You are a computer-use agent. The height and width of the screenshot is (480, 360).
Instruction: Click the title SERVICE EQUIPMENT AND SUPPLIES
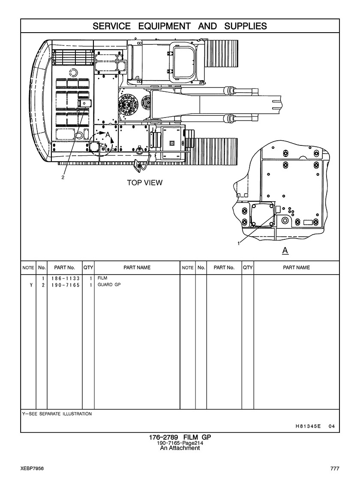(x=180, y=26)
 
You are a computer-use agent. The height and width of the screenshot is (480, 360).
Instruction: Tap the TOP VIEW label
(x=145, y=183)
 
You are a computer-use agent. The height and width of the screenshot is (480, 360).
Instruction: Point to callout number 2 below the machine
(x=63, y=177)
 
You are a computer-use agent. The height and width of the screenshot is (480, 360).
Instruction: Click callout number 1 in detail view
(x=238, y=243)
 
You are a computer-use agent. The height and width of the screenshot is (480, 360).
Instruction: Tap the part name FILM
(x=102, y=278)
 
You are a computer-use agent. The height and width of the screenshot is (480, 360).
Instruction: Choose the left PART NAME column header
(x=137, y=268)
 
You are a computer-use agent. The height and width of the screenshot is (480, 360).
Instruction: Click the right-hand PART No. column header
(x=224, y=268)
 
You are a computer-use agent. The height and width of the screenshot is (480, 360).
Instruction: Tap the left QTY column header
(x=88, y=268)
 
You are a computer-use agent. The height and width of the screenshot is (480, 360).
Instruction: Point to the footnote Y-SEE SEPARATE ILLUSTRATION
(x=57, y=414)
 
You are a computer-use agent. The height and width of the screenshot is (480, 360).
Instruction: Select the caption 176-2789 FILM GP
(x=180, y=437)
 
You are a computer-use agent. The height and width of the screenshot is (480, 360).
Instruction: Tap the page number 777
(x=335, y=468)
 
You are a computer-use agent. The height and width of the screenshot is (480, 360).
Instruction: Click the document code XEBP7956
(x=32, y=468)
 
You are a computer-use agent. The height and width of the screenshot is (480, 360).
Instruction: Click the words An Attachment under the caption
(x=180, y=448)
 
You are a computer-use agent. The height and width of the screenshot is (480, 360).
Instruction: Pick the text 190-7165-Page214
(x=180, y=443)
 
